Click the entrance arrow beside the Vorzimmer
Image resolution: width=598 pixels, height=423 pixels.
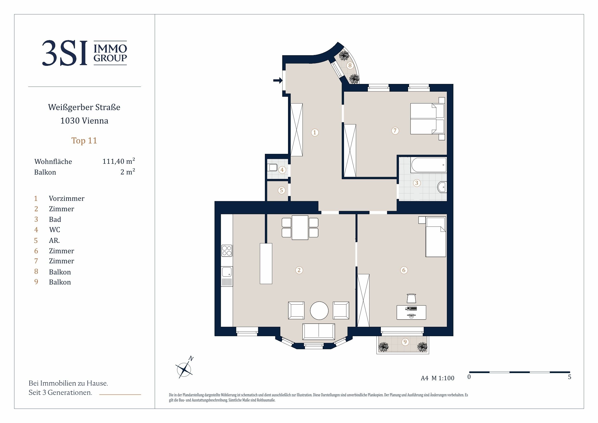pyautogui.click(x=278, y=81)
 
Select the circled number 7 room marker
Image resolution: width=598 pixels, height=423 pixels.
pyautogui.click(x=395, y=130)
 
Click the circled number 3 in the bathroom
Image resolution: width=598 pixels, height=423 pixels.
pyautogui.click(x=417, y=183)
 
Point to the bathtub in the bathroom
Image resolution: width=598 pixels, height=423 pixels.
pyautogui.click(x=429, y=165)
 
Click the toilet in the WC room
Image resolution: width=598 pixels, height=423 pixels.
pyautogui.click(x=273, y=167)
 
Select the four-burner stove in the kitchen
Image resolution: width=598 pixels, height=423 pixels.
pyautogui.click(x=227, y=251)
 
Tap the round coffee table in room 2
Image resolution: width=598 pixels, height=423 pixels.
pyautogui.click(x=319, y=311)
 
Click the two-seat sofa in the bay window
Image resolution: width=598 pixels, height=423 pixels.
pyautogui.click(x=319, y=331)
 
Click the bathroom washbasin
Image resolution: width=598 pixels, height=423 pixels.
pyautogui.click(x=442, y=187)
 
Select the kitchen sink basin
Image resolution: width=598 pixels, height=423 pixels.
pyautogui.click(x=227, y=272)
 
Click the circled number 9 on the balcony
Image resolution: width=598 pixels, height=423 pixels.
pyautogui.click(x=405, y=342)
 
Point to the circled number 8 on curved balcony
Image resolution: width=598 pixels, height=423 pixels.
pyautogui.click(x=350, y=65)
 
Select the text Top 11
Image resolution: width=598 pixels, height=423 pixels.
pyautogui.click(x=84, y=141)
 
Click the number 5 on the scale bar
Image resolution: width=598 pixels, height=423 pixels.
pyautogui.click(x=570, y=377)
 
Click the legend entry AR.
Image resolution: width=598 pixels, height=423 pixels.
pyautogui.click(x=54, y=240)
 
